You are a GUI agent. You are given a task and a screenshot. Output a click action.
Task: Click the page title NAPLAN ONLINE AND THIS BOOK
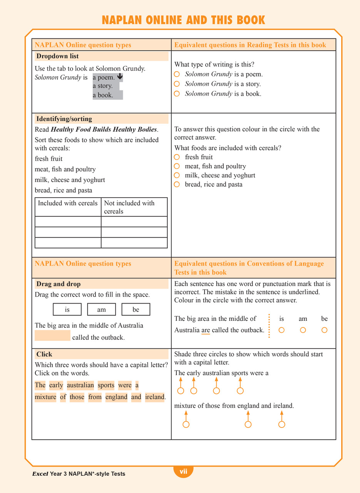183,20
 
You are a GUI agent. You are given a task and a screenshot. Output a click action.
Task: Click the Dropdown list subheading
57,56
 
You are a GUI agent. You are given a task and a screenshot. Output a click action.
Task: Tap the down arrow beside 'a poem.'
119,77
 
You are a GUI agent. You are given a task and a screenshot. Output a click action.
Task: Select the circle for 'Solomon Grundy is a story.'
177,84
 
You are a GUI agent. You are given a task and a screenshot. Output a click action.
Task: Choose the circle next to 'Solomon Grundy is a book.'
177,94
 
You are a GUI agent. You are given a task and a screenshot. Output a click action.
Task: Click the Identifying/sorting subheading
64,119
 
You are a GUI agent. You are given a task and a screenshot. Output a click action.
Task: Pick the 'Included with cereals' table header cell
68,203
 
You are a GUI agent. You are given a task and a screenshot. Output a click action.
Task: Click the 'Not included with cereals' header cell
134,207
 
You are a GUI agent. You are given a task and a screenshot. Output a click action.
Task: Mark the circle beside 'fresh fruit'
177,157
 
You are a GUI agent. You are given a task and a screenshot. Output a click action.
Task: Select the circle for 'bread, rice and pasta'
177,185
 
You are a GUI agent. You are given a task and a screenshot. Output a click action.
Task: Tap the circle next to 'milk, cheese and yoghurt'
177,176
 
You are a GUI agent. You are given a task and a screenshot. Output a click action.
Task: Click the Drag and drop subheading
59,284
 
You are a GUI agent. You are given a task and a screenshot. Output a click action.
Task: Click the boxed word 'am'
101,310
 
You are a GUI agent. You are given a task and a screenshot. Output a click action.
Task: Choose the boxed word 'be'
136,310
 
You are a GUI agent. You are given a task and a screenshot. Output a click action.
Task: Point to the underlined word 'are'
206,330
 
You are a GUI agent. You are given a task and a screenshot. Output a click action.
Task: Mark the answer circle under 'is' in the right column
281,330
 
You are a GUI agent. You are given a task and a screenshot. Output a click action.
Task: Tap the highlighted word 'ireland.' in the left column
155,397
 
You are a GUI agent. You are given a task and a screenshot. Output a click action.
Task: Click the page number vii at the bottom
183,471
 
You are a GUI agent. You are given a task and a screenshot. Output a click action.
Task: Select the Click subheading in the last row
44,354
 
